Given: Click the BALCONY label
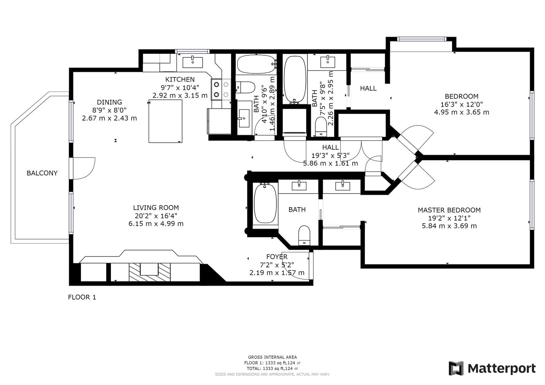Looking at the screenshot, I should click(42, 173).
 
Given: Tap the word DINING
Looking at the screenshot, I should click(109, 102).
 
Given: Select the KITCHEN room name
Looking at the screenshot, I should click(180, 79).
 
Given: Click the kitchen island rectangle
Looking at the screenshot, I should click(165, 121).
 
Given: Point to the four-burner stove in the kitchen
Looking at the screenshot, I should click(221, 89).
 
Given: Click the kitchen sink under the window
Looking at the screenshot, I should click(193, 62).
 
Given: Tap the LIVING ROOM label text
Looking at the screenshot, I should click(156, 208).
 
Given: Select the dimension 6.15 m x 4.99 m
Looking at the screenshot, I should click(156, 224).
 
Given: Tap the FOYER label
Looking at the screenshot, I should click(277, 257).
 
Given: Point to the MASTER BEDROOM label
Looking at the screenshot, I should click(449, 210).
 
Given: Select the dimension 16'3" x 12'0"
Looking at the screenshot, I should click(461, 104).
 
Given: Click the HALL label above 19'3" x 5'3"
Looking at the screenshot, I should click(330, 147).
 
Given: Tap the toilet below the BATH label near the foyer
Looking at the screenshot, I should click(304, 235).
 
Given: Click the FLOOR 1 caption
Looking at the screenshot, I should click(82, 297).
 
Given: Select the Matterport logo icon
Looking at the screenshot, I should click(456, 368).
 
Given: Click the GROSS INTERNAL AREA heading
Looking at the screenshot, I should click(272, 357).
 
